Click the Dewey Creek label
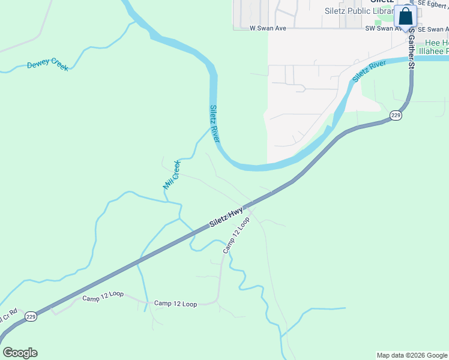pos(47,64)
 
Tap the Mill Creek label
pos(172,175)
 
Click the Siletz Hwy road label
pos(226,217)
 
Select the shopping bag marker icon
pos(406,17)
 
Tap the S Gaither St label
pos(412,50)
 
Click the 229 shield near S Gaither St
pos(395,116)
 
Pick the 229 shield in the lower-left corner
pos(31,316)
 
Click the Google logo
pos(20,353)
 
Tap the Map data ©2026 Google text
pos(412,355)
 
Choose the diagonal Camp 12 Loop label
pos(236,235)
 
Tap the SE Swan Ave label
pos(433,29)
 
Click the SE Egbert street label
pos(433,3)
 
